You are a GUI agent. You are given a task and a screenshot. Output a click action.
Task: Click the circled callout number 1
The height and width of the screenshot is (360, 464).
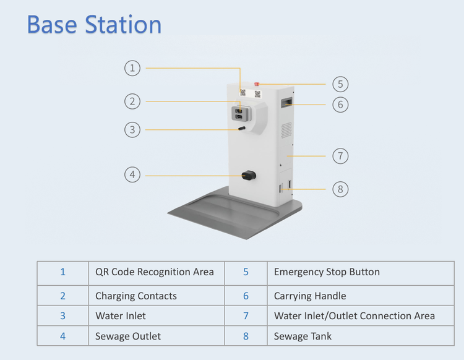(x=132, y=68)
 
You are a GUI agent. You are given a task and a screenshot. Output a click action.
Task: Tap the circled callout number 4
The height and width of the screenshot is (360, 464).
(x=132, y=174)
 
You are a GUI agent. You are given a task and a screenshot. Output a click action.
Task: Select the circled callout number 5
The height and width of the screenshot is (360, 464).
(x=340, y=84)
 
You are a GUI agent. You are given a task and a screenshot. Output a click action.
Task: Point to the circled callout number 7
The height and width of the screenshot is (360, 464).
(x=340, y=156)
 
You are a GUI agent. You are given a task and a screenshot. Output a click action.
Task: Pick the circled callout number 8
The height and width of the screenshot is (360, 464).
(x=340, y=189)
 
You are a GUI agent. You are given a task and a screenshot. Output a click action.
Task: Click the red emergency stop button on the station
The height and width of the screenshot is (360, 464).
(x=257, y=84)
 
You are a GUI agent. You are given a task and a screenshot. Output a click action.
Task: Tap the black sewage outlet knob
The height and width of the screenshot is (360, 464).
(x=249, y=175)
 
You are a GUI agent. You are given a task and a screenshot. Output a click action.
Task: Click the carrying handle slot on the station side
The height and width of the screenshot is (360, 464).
(x=286, y=102)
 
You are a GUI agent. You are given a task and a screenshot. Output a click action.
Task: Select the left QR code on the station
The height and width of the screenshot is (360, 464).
(x=243, y=93)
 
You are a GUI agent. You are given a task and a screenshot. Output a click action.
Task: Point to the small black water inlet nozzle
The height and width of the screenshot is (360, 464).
(x=242, y=129)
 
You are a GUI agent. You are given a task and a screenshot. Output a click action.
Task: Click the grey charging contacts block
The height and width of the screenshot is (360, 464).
(x=241, y=114)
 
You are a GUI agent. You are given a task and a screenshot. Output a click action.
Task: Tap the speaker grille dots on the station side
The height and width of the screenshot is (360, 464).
(x=286, y=130)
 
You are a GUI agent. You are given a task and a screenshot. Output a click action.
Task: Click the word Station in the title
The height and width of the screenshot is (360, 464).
(x=123, y=24)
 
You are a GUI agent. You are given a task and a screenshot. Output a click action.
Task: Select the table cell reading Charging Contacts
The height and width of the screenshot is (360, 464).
(x=157, y=296)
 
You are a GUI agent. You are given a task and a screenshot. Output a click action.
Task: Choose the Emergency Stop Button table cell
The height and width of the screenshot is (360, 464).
(x=361, y=273)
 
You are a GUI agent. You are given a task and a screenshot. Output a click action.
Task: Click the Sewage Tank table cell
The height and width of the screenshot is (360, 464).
(x=361, y=336)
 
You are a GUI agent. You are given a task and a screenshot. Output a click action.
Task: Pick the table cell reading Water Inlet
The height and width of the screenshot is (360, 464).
(x=157, y=315)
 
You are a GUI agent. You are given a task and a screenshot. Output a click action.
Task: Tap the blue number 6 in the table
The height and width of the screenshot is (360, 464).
(x=246, y=296)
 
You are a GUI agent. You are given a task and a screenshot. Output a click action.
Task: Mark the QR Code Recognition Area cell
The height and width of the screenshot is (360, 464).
(x=157, y=273)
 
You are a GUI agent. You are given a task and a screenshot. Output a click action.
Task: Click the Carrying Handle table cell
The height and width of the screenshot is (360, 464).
(x=361, y=296)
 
